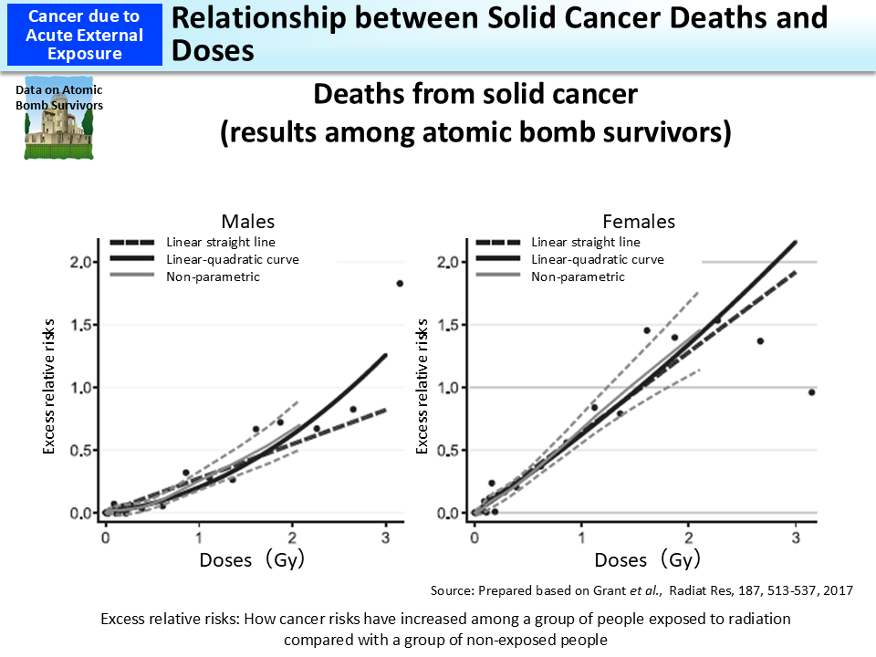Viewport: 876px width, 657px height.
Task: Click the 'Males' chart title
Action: [x=248, y=222]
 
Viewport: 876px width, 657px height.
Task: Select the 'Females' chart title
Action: [x=639, y=222]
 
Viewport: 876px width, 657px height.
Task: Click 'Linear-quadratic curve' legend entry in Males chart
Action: [x=233, y=259]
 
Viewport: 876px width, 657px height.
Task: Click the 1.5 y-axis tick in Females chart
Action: [x=450, y=326]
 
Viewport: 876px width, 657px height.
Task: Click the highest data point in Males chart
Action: [x=400, y=284]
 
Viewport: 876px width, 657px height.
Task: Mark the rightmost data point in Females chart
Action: [x=811, y=392]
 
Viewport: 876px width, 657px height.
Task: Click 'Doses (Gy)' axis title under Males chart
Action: [x=252, y=560]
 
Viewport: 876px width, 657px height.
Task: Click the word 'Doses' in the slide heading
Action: [x=213, y=49]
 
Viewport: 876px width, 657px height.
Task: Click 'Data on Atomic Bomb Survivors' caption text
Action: [x=59, y=98]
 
